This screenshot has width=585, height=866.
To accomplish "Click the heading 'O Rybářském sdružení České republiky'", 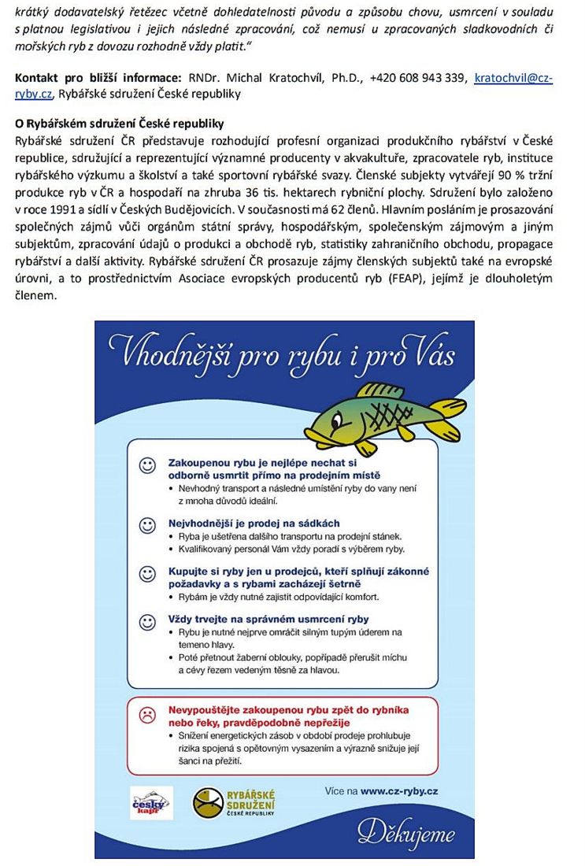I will point(120,124).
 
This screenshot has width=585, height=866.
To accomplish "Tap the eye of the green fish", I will point(337,421).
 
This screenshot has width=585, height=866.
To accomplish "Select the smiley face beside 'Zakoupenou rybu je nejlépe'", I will point(147,465).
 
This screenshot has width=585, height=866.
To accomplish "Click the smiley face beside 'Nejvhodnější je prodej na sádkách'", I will point(147,525).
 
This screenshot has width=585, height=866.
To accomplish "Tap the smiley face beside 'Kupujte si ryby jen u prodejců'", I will point(147,574).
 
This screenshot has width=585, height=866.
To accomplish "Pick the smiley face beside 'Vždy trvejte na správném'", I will point(147,622).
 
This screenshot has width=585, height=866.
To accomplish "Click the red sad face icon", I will point(147,716).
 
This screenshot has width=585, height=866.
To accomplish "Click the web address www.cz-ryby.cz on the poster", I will point(399,790).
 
